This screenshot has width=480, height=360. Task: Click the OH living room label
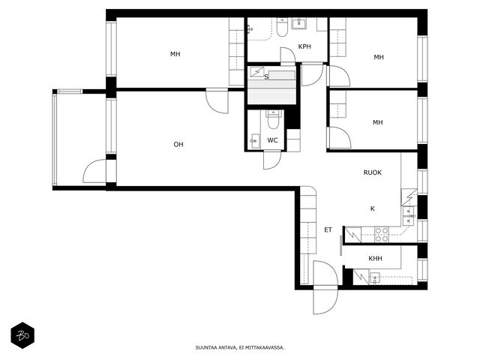178,144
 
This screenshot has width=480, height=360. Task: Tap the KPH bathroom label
304,46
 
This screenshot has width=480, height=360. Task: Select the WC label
272,140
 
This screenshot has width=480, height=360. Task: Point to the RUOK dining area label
373,172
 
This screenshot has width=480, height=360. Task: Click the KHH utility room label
375,258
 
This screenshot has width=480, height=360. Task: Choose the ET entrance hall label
328,229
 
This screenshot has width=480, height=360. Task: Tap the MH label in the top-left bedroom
175,54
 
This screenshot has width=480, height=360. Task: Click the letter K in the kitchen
373,208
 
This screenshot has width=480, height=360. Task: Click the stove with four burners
382,235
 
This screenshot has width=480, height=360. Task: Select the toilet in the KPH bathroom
282,28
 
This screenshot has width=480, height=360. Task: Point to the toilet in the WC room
273,120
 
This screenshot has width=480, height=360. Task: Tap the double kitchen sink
408,215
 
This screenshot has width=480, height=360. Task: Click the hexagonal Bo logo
22,335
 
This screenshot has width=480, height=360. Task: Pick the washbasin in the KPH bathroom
298,23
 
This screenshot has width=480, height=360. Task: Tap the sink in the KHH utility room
375,278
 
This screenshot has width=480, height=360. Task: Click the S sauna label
266,76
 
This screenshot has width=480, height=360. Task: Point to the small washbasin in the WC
254,141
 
